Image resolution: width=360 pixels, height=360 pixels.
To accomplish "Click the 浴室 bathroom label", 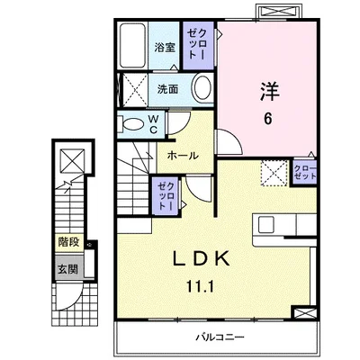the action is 165,47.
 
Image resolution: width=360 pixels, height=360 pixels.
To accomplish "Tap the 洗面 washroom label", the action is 168,89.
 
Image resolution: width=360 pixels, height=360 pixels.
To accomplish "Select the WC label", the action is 153,124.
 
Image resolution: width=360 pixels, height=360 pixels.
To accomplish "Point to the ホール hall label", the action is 183,156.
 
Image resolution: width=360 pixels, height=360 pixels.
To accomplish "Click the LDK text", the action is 202,258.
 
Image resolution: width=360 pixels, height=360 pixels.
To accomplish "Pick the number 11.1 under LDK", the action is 201,287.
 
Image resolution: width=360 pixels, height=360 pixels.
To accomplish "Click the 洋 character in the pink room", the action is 270,91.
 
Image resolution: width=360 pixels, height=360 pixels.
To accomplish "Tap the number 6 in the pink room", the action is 268,119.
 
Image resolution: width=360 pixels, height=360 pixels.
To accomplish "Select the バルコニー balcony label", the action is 220,337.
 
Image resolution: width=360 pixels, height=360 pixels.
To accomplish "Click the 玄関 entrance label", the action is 67,269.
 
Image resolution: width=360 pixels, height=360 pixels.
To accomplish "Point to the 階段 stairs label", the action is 68,242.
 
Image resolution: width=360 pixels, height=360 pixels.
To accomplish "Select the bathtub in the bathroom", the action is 133,46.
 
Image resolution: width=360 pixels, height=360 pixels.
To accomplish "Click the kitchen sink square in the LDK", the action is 266,224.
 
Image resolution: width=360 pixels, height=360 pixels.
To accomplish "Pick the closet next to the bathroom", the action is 199,45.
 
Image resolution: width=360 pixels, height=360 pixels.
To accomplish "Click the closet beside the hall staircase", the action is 166,195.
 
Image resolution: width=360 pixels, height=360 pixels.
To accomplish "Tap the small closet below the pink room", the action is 305,172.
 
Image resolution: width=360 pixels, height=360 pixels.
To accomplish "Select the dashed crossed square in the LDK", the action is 274,173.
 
